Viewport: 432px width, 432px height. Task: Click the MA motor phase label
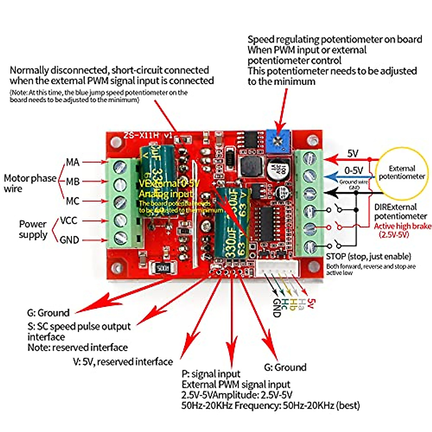pos(73,162)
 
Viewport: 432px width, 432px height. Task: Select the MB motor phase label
pos(73,181)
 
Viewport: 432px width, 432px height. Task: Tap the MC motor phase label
pos(73,201)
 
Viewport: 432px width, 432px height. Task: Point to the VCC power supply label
pos(68,220)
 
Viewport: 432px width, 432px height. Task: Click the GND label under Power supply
pos(69,240)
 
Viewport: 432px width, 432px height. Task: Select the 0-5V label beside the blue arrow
pos(354,170)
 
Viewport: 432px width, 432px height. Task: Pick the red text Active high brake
pos(402,226)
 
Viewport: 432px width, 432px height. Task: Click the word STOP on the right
pos(336,257)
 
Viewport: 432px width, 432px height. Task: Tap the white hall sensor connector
pos(278,268)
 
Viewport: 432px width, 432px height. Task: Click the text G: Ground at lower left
pos(48,312)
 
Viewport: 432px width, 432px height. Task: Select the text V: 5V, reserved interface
pos(123,362)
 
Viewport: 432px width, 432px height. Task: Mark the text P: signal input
pos(211,374)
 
